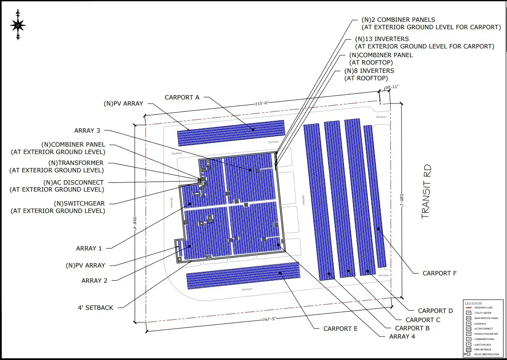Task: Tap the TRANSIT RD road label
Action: pos(426,192)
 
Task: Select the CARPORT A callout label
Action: pos(182,97)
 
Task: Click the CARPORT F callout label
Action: pos(439,273)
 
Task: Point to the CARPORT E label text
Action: pos(340,329)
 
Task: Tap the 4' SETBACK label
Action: pos(95,308)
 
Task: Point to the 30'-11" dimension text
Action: pos(391,87)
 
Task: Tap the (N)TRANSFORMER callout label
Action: pos(57,166)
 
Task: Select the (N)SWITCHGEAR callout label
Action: pos(58,207)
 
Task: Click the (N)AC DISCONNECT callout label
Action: pos(57,186)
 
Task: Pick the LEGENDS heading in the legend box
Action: pos(473,303)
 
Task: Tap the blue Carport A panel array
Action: pos(231,133)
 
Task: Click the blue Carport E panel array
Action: pos(243,276)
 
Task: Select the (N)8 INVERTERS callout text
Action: pos(369,74)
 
